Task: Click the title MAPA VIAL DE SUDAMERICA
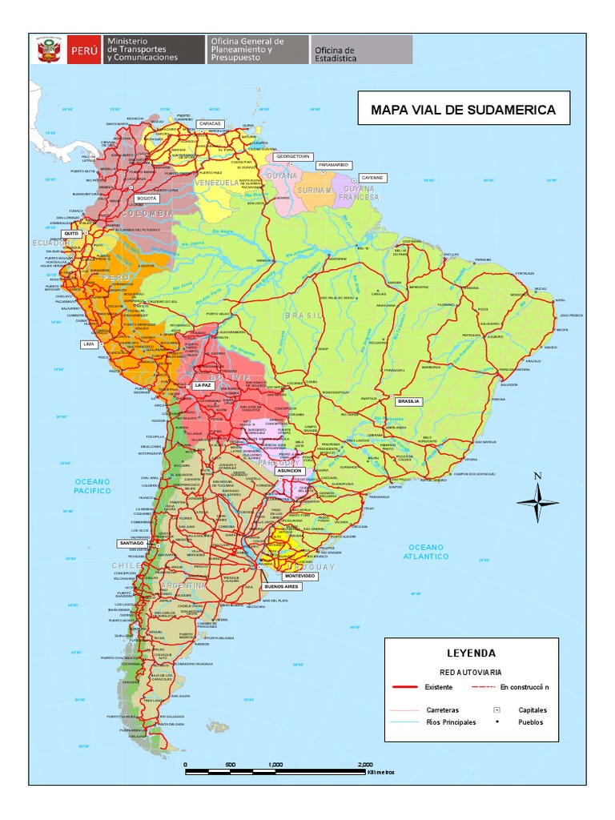point(463,109)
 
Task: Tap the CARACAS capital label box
point(210,123)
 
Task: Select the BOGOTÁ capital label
point(147,197)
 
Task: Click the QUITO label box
point(71,234)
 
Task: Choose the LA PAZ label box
point(202,385)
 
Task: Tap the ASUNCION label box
point(289,471)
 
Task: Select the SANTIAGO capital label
point(131,543)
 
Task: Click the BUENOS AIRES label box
point(281,586)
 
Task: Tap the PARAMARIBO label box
point(333,165)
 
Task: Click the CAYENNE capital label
point(372,177)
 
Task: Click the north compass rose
point(538,500)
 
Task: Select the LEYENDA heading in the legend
point(470,653)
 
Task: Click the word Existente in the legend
point(438,687)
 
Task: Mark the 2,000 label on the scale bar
point(365,764)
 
